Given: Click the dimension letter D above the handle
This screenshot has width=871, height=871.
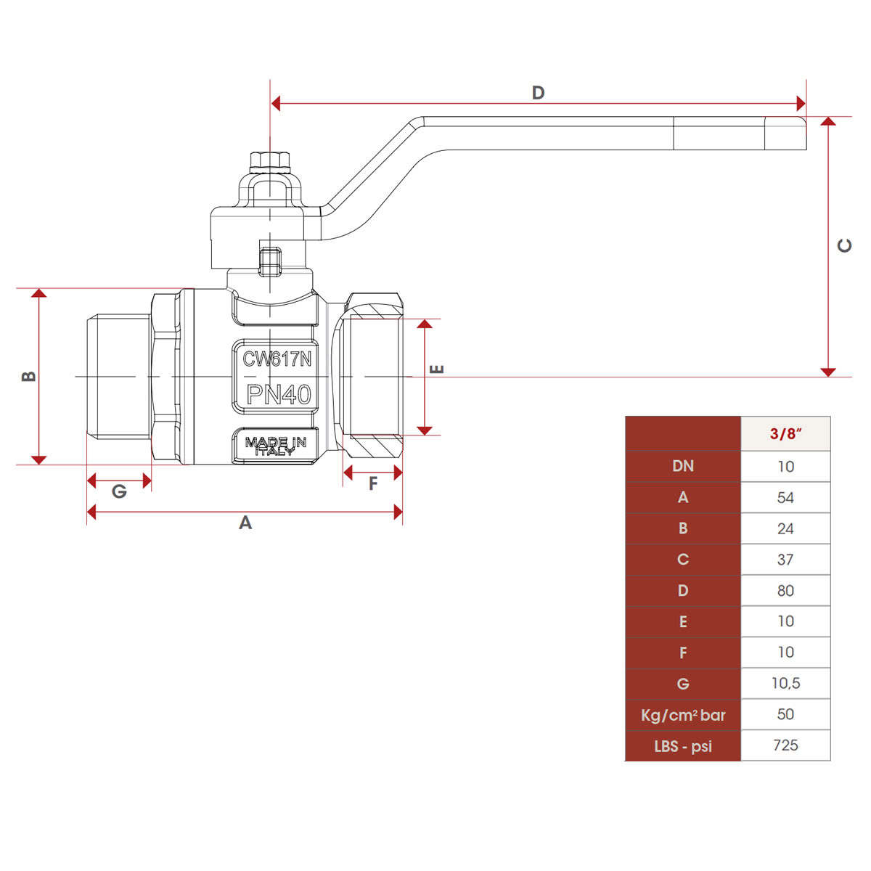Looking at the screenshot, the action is click(538, 93).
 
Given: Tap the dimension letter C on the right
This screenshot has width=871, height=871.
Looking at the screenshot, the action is click(844, 245).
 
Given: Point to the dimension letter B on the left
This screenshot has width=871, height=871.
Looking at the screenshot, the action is click(29, 376).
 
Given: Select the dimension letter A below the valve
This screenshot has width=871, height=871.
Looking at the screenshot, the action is click(245, 523).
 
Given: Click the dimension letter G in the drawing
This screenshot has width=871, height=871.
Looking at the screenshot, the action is click(119, 491).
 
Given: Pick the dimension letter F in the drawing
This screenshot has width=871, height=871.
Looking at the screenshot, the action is click(373, 483).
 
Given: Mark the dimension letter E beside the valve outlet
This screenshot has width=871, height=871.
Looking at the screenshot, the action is click(437, 369).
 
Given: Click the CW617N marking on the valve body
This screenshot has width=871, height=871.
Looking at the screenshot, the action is click(277, 359).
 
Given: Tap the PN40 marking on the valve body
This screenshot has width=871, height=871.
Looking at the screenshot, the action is click(279, 395).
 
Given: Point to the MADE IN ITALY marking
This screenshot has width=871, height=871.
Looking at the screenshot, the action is click(276, 446).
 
